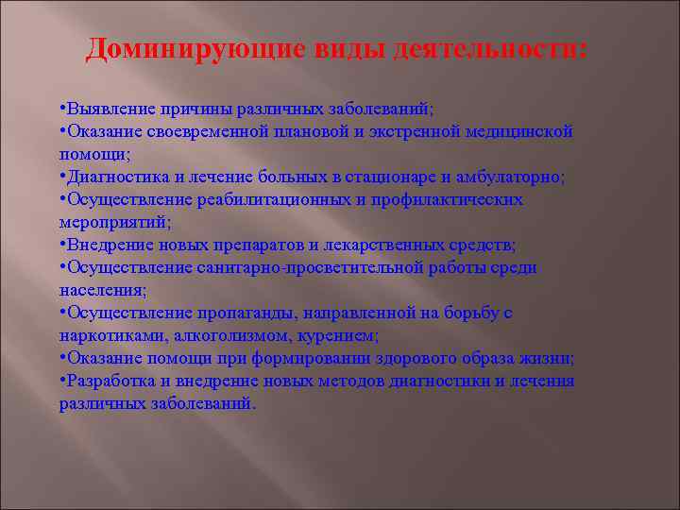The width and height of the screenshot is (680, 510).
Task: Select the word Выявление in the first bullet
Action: (x=107, y=110)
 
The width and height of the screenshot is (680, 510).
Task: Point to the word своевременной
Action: (x=205, y=132)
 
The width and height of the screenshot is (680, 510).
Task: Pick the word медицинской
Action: (x=518, y=132)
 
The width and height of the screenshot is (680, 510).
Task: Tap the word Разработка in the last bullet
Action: (x=110, y=382)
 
